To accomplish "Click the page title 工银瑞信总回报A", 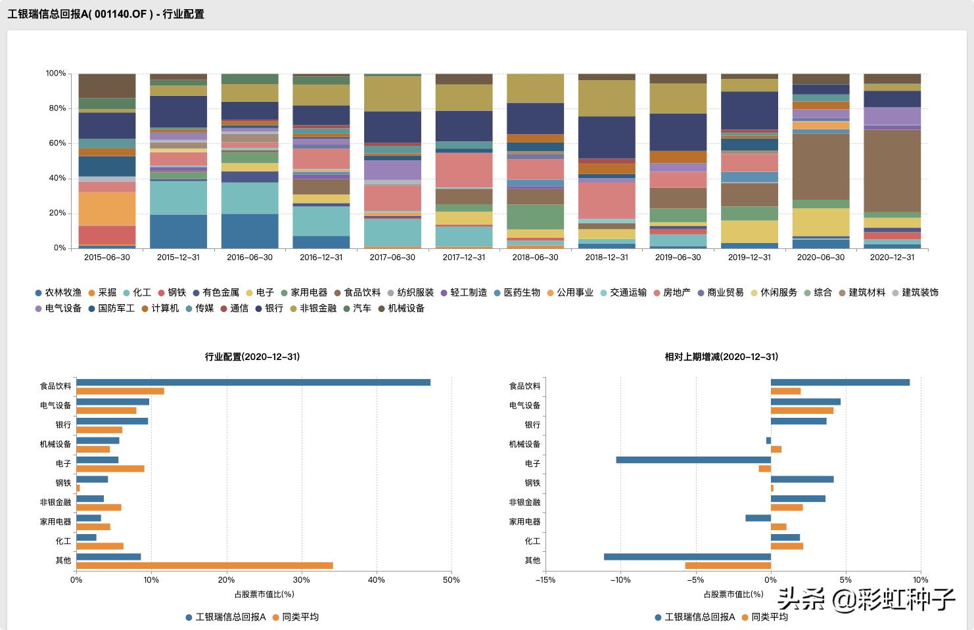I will click(x=105, y=14).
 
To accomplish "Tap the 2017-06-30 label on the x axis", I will click(x=392, y=258).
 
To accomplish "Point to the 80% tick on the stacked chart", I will click(x=56, y=108).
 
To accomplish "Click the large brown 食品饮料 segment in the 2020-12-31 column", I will click(x=892, y=170).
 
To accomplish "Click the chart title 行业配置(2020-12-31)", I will click(x=252, y=357).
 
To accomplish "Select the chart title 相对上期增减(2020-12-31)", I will click(x=722, y=357).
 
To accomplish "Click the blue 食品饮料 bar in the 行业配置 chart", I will click(x=253, y=382).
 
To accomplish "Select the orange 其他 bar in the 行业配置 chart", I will click(x=204, y=566).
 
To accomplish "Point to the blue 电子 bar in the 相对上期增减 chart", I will click(x=693, y=460).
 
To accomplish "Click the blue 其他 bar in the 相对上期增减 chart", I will click(x=687, y=556).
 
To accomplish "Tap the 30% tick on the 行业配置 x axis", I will click(x=301, y=580).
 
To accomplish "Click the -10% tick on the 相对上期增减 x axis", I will click(x=620, y=580).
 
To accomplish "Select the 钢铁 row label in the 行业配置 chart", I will click(x=63, y=483).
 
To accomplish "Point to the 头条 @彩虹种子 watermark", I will click(x=866, y=598).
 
